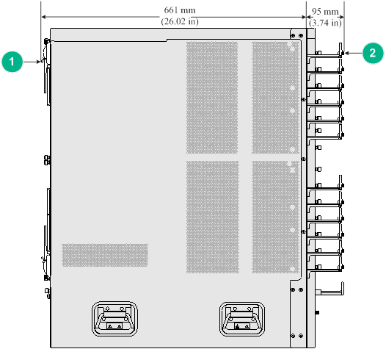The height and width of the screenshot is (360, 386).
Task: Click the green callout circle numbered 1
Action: pyautogui.click(x=12, y=62)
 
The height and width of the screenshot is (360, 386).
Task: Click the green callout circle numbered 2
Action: pyautogui.click(x=373, y=53)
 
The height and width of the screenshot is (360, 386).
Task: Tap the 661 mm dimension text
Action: pyautogui.click(x=180, y=10)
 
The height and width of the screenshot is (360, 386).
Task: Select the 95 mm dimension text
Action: pyautogui.click(x=325, y=11)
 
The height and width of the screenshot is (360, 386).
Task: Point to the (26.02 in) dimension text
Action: pyautogui.click(x=180, y=21)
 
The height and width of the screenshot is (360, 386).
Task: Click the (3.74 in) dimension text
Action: pyautogui.click(x=325, y=23)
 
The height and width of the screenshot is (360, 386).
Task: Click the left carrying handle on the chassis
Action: pyautogui.click(x=114, y=319)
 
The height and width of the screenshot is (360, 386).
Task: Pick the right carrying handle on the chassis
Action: pyautogui.click(x=242, y=319)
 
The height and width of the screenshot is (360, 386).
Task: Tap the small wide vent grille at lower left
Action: pyautogui.click(x=105, y=255)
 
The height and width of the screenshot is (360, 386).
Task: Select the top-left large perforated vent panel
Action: pyautogui.click(x=212, y=98)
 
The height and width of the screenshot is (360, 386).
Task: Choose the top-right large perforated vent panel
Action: pyautogui.click(x=275, y=98)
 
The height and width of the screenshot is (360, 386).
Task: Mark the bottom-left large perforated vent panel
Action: pyautogui.click(x=213, y=217)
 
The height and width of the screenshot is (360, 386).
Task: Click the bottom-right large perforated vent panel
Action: pyautogui.click(x=276, y=217)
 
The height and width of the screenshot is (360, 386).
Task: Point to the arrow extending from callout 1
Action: pyautogui.click(x=32, y=62)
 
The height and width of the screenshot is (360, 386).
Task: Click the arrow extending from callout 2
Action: pyautogui.click(x=354, y=53)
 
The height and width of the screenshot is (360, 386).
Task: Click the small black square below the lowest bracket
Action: pyautogui.click(x=317, y=312)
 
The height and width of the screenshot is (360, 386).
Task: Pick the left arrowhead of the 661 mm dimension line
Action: pyautogui.click(x=44, y=17)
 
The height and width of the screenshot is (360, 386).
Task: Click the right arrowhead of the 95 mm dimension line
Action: pyautogui.click(x=342, y=17)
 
